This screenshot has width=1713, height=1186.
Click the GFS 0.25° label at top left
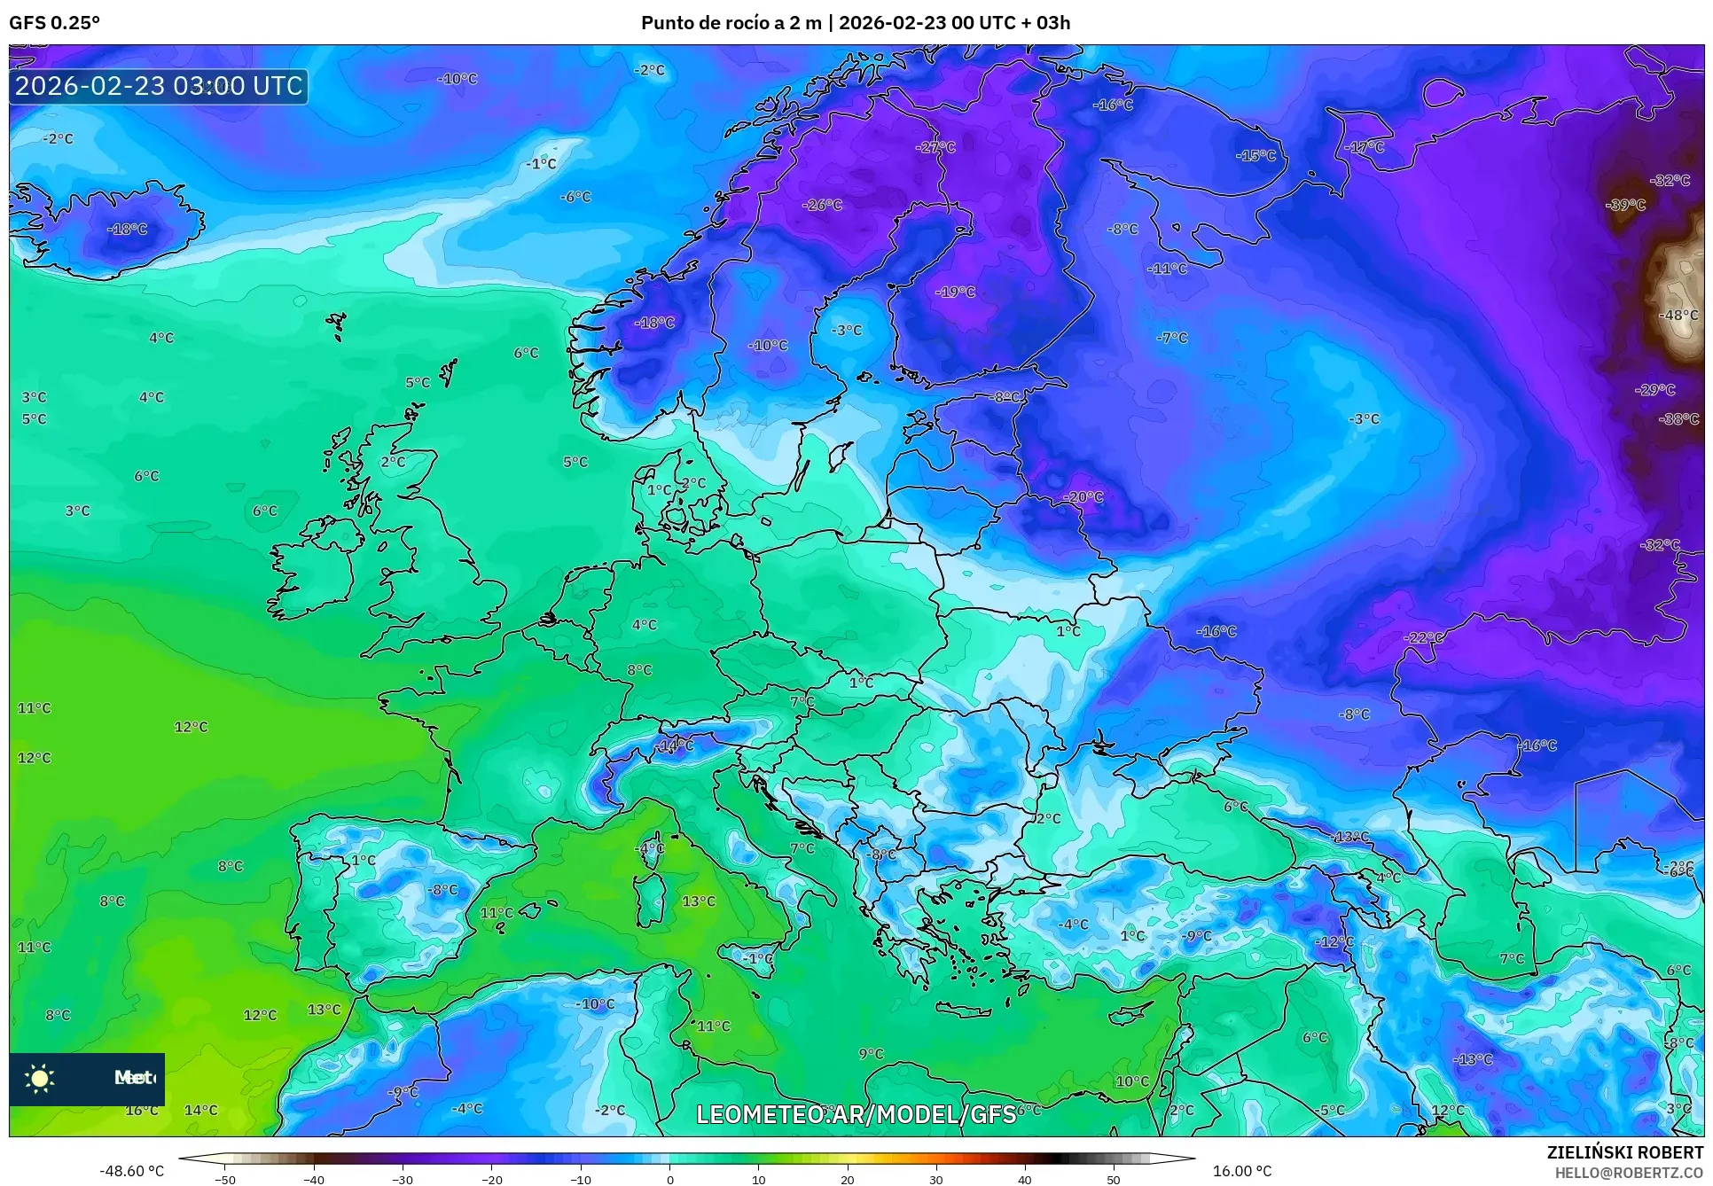54,23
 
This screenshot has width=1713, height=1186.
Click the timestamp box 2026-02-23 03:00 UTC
159,86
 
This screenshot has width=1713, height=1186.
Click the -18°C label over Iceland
127,230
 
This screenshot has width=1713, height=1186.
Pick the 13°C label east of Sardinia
698,901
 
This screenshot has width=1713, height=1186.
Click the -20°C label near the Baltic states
1083,497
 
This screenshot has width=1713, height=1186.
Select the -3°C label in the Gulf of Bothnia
846,331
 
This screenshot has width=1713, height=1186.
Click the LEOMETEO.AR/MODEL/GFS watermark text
856,1114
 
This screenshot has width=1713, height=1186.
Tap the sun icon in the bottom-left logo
40,1078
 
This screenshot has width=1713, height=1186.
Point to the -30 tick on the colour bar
403,1180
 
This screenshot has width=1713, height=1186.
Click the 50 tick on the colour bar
1113,1180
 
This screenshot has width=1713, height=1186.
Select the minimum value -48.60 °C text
131,1171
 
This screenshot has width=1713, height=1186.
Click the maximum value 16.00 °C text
1241,1171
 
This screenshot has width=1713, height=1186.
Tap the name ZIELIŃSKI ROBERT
1624,1152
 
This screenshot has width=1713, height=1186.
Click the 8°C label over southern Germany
638,670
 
